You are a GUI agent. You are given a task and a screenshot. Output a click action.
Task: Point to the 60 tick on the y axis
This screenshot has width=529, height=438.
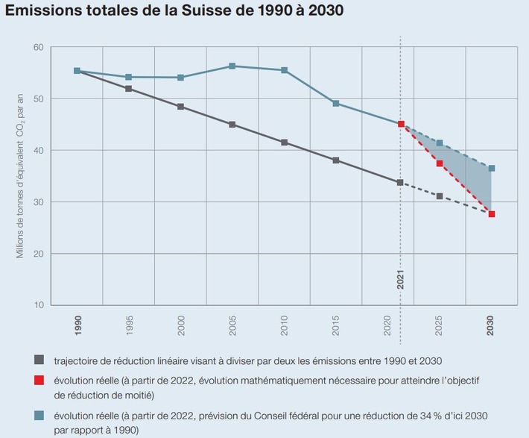point(39,47)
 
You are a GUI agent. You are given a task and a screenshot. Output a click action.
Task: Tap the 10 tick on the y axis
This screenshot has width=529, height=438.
point(39,305)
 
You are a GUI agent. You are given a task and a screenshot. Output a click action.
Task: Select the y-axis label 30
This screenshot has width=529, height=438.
point(39,202)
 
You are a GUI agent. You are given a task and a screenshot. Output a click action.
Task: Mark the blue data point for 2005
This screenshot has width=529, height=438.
point(232,66)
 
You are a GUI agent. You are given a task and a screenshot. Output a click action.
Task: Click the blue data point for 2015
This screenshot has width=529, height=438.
point(336,104)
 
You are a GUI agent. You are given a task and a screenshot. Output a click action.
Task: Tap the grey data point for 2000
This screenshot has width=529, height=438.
point(181,107)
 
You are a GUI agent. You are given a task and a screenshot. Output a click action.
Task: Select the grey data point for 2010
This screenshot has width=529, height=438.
point(285,143)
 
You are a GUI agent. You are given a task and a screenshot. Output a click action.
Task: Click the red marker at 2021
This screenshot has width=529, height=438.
point(401,124)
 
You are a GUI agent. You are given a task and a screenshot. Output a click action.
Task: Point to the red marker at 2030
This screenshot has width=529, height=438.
point(492,214)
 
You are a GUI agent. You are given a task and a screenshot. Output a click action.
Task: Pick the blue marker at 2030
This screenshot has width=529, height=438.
point(492,169)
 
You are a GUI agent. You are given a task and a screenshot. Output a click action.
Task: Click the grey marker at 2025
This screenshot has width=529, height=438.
point(440,196)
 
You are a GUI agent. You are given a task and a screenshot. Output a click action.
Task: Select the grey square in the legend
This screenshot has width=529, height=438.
point(39,361)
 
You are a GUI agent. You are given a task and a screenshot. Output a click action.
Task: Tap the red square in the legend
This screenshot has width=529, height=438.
point(39,381)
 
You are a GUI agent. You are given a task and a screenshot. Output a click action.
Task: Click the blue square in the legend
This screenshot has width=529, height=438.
point(39,415)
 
